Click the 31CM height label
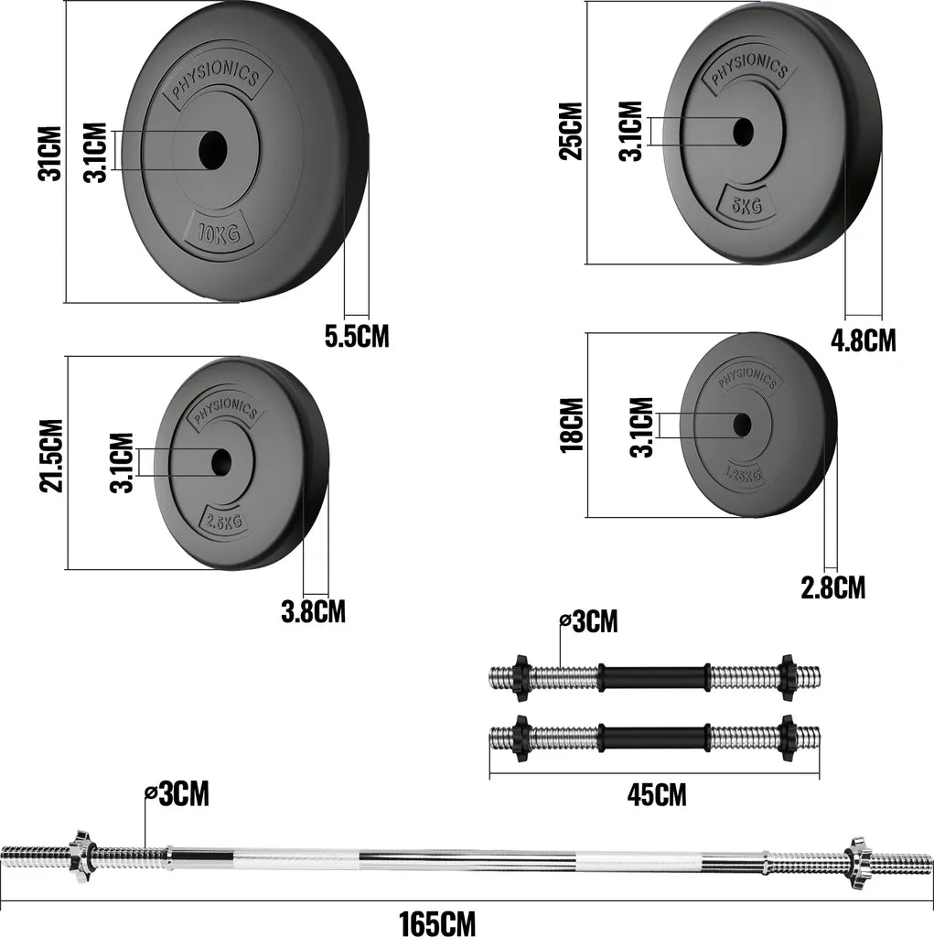50,153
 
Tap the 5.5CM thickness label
357,336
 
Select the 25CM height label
572,131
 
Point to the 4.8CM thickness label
863,340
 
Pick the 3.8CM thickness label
313,610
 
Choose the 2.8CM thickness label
832,587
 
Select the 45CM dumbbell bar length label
656,794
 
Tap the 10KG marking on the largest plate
218,234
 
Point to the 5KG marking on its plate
746,204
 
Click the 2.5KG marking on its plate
223,522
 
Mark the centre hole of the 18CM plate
742,424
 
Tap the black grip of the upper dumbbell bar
654,678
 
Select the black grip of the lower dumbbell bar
654,737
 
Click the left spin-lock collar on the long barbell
80,852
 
